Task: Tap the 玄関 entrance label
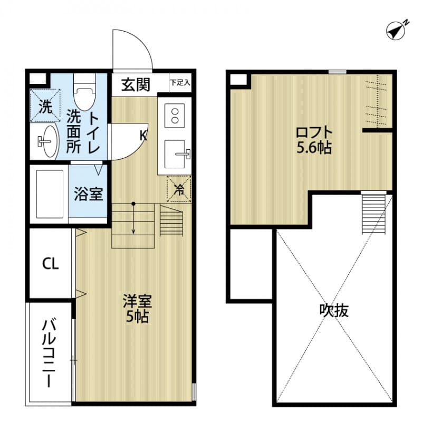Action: coord(136,84)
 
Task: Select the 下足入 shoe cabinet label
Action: coord(180,83)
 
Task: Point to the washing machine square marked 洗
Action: coord(45,107)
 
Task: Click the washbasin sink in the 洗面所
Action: coord(47,141)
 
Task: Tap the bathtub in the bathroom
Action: coord(49,194)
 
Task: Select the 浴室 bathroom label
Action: coord(88,194)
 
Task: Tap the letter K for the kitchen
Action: coord(143,136)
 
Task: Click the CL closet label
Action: coord(51,263)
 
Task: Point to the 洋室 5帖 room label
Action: coord(137,309)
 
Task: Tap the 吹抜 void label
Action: coord(334,311)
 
